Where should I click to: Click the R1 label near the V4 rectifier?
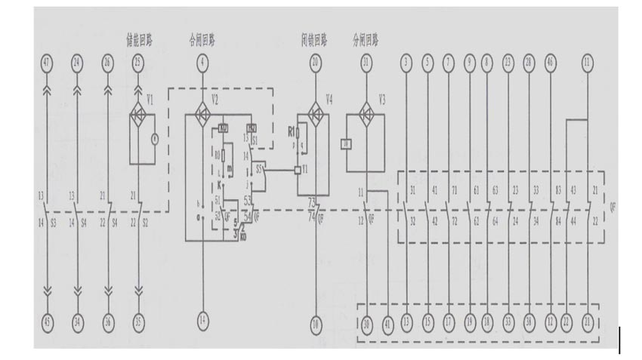coord(292,130)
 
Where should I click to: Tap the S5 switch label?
coord(261,170)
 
